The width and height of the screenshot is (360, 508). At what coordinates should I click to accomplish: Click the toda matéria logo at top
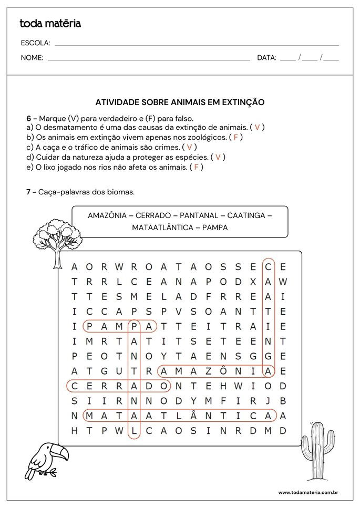click(50, 23)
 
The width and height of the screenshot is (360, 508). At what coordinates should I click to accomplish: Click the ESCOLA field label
click(36, 43)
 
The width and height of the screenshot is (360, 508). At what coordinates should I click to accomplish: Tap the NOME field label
click(32, 58)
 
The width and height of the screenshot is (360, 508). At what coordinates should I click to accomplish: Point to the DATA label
click(266, 58)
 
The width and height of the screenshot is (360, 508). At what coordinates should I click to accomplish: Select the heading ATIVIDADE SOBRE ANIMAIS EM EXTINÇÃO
click(180, 102)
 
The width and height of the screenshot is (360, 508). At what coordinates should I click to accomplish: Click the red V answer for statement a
click(257, 128)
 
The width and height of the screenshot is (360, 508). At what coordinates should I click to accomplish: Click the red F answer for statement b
click(236, 138)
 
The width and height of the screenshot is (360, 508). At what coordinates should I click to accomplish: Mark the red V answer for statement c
click(189, 147)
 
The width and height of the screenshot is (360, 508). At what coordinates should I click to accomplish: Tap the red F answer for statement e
click(196, 167)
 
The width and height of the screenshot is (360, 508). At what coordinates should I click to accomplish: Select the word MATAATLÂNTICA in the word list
click(160, 228)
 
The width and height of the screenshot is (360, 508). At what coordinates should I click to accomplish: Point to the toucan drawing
click(47, 460)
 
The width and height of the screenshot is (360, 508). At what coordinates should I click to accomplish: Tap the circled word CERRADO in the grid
click(119, 386)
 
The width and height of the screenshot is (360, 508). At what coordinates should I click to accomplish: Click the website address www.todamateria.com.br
click(307, 493)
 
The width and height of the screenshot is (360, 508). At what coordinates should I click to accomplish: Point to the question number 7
click(30, 192)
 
